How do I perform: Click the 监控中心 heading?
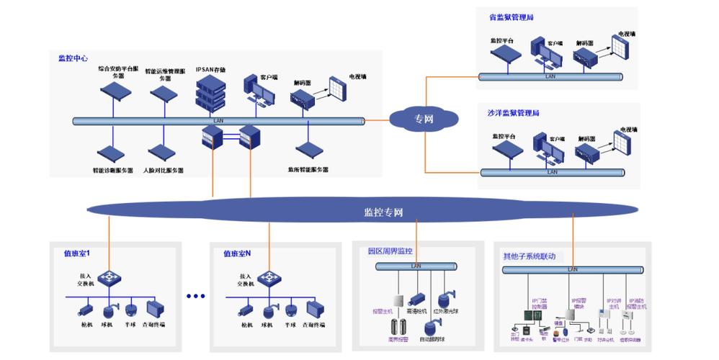(x=73, y=58)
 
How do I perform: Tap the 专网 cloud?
(x=424, y=118)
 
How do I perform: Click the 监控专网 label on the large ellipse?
(x=383, y=212)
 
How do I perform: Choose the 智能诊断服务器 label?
(x=113, y=171)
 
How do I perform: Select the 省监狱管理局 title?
(x=511, y=17)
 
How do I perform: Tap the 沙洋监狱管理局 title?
(x=514, y=113)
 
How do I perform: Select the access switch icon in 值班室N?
(x=269, y=278)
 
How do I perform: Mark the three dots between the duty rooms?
(x=195, y=296)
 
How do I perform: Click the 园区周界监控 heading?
(x=390, y=251)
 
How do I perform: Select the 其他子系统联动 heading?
(x=529, y=256)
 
